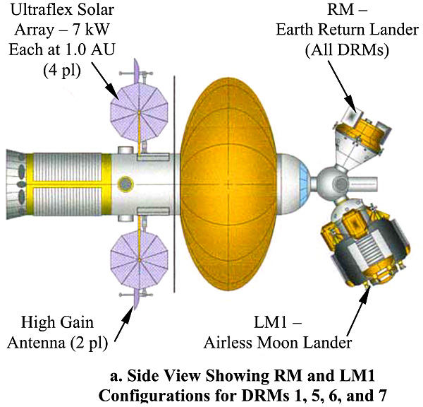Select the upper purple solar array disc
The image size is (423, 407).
[140, 112]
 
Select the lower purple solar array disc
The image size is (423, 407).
[140, 259]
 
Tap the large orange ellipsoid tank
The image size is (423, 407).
[228, 184]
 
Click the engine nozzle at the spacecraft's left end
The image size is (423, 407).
[16, 184]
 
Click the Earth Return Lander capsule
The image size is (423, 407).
[359, 138]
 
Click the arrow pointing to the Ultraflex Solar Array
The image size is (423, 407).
[105, 81]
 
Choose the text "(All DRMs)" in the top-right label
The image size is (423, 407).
[347, 49]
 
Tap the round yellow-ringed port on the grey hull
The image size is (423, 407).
[125, 184]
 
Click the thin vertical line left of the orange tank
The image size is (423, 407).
[174, 184]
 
